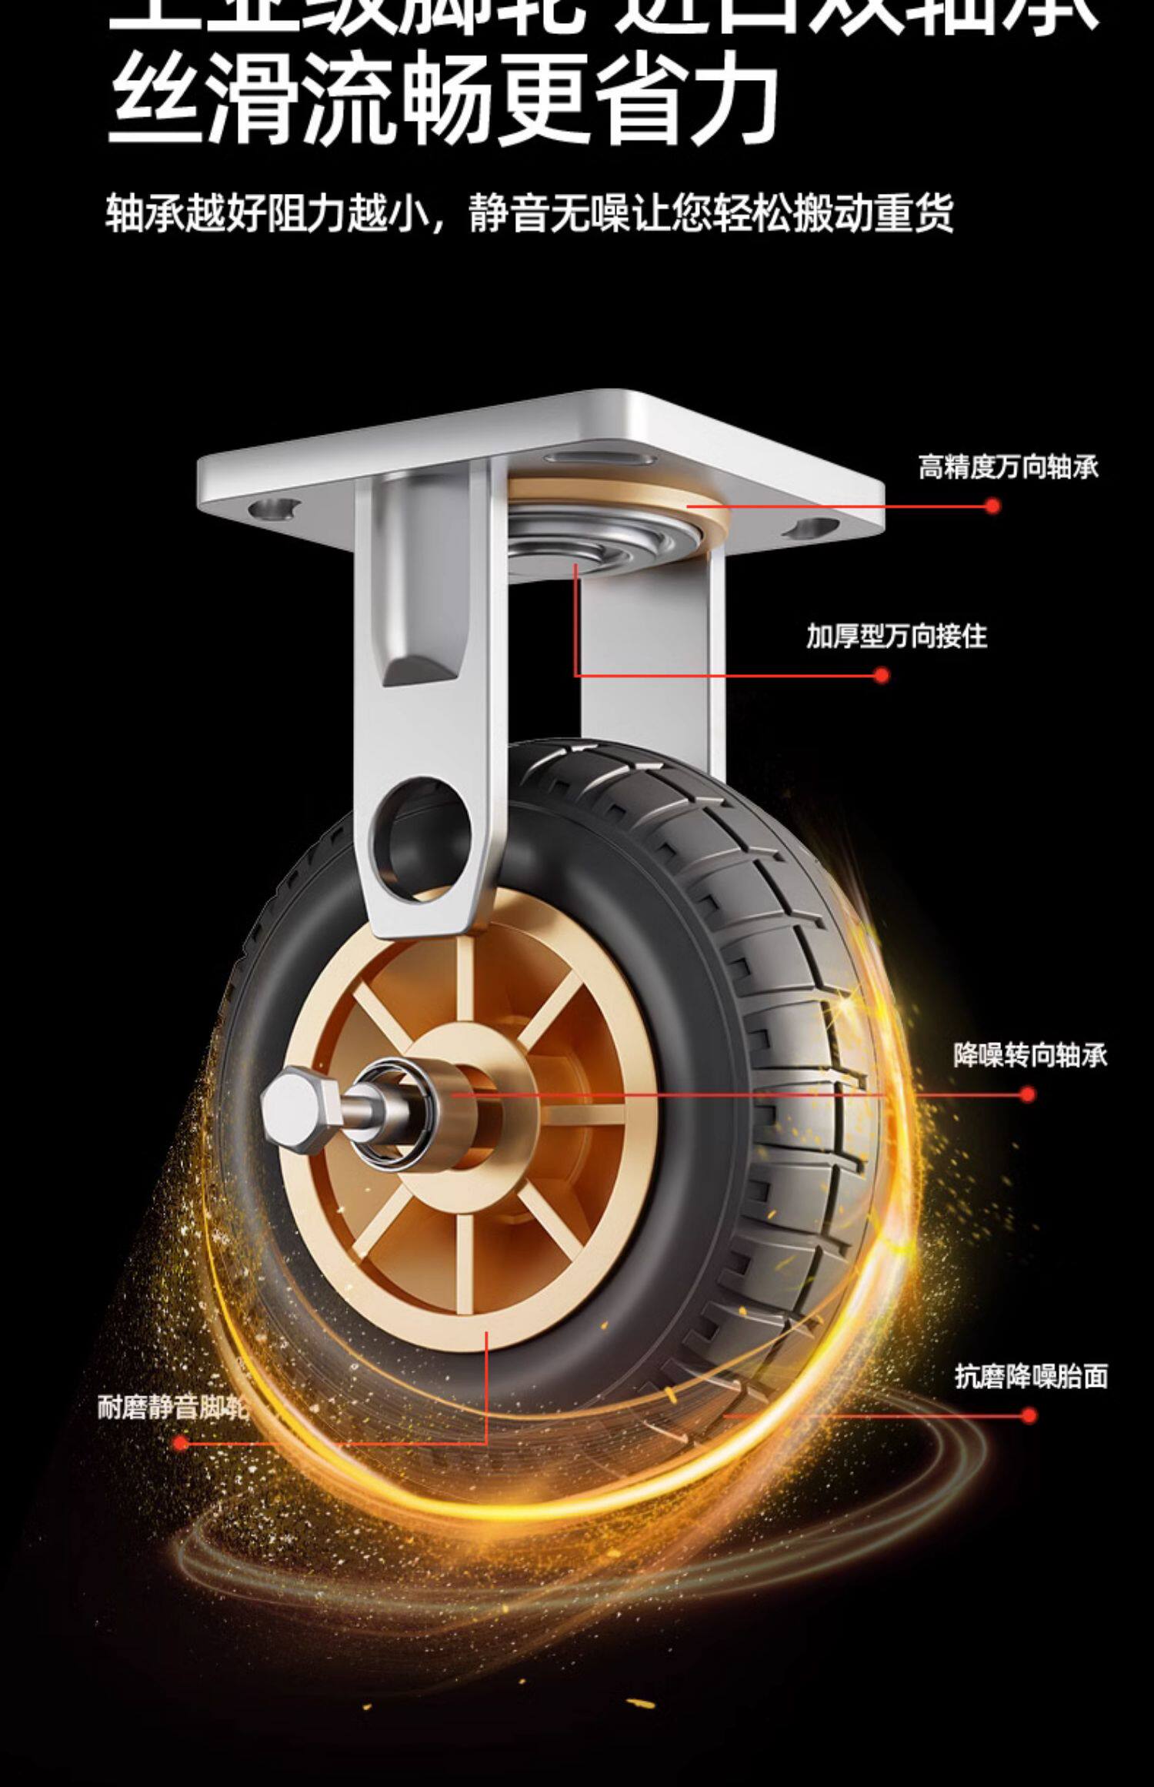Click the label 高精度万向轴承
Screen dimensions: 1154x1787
point(1008,467)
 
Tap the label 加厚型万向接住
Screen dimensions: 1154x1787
point(896,636)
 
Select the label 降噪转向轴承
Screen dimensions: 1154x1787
point(1030,1055)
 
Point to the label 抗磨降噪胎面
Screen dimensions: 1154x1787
point(1031,1376)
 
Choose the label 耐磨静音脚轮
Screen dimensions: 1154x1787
point(173,1408)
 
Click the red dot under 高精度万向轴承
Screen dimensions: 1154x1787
point(992,506)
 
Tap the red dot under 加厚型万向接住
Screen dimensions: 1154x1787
point(882,676)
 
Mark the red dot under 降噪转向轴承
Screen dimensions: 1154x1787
point(1027,1094)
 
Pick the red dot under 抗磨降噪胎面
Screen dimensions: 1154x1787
point(1029,1415)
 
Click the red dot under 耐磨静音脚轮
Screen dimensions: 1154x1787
point(182,1443)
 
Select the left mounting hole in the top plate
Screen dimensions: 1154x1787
point(275,508)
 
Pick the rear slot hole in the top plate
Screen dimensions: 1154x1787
point(600,459)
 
